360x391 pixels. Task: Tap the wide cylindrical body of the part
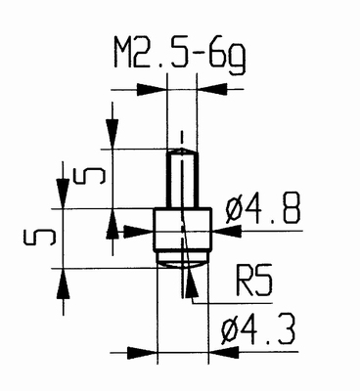(x=181, y=231)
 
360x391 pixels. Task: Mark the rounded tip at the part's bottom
(x=181, y=261)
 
